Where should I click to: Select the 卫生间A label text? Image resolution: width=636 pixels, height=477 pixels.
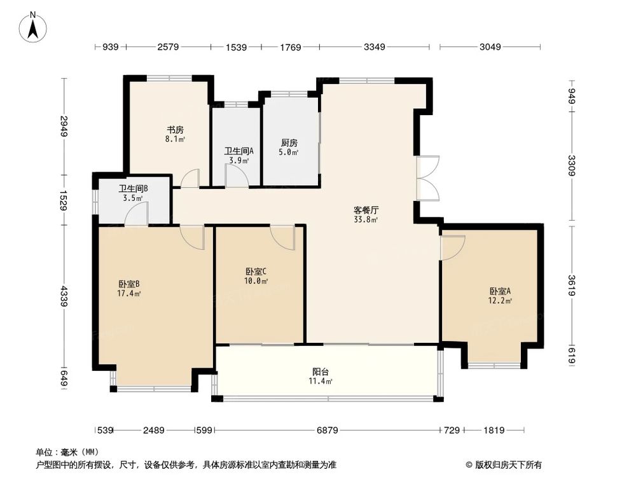(x=239, y=151)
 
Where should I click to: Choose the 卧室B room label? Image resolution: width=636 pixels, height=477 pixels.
(x=129, y=284)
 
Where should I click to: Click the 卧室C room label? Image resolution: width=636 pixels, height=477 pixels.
(x=256, y=270)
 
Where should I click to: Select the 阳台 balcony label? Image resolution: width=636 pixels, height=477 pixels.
(x=321, y=371)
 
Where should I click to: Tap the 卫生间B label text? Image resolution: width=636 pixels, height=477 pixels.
(x=133, y=189)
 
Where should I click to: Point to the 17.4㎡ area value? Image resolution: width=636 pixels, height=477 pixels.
(x=129, y=294)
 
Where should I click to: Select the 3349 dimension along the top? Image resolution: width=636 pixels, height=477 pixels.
(x=373, y=46)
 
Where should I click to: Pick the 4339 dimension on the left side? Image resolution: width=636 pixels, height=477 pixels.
(x=64, y=296)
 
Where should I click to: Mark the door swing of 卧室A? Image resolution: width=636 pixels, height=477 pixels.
(x=452, y=247)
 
